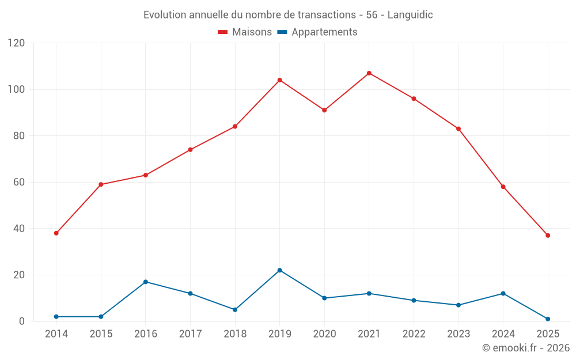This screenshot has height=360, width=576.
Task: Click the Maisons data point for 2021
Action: click(x=369, y=73)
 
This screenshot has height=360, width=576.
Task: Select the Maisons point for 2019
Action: click(x=279, y=80)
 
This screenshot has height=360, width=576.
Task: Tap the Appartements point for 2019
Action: click(x=279, y=270)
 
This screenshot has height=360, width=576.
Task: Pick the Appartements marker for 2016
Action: click(x=146, y=282)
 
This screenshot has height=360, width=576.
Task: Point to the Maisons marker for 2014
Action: click(x=56, y=233)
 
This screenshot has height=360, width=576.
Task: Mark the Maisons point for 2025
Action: click(x=548, y=236)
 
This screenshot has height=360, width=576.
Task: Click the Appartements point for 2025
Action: click(x=548, y=319)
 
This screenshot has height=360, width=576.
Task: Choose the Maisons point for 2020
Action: click(x=324, y=110)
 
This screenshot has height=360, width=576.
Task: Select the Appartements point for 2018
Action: click(x=235, y=310)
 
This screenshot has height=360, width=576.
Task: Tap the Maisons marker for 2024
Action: click(x=503, y=187)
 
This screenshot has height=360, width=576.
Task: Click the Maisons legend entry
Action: click(x=245, y=32)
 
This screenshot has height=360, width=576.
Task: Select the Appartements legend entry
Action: click(x=317, y=32)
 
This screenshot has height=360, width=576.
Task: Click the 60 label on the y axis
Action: click(x=20, y=183)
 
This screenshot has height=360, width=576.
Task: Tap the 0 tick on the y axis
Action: click(x=22, y=321)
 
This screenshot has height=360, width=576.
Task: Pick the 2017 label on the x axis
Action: click(x=190, y=334)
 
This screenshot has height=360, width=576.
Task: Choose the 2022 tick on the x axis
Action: click(x=414, y=334)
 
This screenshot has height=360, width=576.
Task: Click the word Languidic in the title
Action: click(x=410, y=15)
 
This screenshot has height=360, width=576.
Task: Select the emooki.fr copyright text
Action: click(x=525, y=348)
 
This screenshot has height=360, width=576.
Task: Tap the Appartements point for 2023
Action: click(x=458, y=305)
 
